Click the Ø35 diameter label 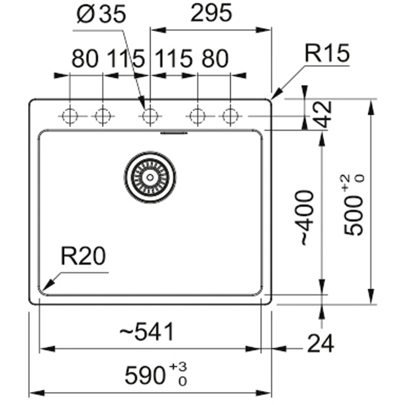pos(102,14)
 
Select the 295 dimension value pos(211,13)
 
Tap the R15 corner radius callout pos(327,53)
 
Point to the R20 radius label pos(83,256)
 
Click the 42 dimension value pos(323,115)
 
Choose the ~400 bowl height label pos(308,217)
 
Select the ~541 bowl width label pos(147,331)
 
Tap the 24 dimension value pos(320,343)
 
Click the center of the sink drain pos(150,177)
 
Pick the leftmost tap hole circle pos(70,116)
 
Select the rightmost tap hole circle pos(230,116)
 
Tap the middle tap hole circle pos(150,116)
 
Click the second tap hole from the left pos(103,116)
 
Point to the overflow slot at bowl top pos(174,133)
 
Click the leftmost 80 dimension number pos(85,59)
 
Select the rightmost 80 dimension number pos(215,59)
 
